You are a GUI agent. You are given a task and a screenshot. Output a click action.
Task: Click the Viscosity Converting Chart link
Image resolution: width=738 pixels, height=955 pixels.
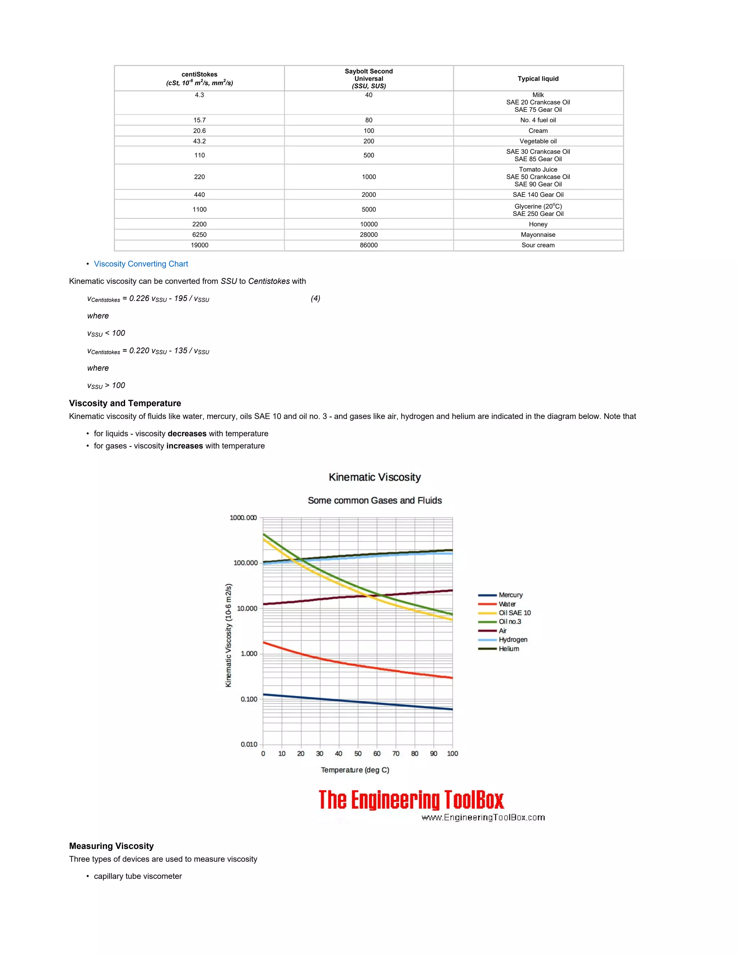click(x=141, y=264)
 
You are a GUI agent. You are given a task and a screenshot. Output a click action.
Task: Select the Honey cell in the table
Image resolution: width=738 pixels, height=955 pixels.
click(x=538, y=224)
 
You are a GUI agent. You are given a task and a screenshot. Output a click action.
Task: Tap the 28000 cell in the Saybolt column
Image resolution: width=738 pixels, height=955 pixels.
click(x=369, y=234)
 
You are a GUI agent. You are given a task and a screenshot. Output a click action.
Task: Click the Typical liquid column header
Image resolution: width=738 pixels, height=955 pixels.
click(x=538, y=79)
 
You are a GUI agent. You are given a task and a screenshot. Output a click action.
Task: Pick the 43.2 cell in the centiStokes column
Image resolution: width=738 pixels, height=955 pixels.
click(x=199, y=141)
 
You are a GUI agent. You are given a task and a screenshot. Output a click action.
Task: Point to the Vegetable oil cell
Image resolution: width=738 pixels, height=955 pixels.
click(x=538, y=141)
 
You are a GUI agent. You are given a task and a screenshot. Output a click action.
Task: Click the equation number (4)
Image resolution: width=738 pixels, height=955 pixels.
click(x=315, y=298)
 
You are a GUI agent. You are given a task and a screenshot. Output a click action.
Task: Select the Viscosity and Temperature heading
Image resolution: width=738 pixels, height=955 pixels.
click(x=125, y=403)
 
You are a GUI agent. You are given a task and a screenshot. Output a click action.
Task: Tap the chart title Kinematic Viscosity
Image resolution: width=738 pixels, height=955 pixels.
click(x=375, y=477)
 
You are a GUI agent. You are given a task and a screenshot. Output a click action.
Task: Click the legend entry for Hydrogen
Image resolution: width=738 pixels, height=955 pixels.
click(x=513, y=639)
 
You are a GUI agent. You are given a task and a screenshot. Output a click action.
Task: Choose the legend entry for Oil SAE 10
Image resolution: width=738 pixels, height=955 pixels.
click(x=515, y=613)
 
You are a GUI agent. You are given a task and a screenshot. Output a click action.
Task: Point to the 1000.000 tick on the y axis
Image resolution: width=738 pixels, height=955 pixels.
click(x=243, y=518)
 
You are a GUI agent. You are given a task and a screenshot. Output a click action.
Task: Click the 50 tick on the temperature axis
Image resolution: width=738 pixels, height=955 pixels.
click(x=357, y=754)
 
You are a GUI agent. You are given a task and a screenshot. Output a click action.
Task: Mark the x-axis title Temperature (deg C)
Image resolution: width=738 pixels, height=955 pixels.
click(x=355, y=770)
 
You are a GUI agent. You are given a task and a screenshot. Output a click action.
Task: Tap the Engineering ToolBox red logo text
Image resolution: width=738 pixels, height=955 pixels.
click(x=411, y=800)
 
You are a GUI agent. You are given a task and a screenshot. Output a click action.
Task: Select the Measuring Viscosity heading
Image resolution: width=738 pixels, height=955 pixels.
click(x=111, y=846)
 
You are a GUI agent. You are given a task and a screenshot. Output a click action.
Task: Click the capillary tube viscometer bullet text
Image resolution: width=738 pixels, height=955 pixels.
click(x=138, y=876)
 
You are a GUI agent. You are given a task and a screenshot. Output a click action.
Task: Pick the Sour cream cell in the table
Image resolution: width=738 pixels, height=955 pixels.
click(x=538, y=245)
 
